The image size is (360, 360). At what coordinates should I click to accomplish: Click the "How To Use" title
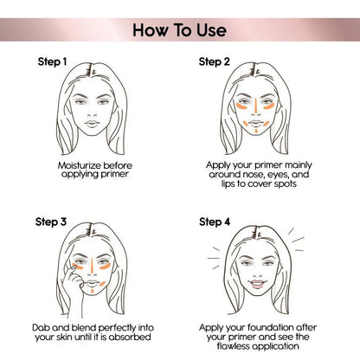click(180, 30)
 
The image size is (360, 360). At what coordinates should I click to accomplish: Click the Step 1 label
click(51, 62)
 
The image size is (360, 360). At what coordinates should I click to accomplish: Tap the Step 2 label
click(215, 62)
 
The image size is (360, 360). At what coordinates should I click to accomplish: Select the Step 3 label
click(51, 222)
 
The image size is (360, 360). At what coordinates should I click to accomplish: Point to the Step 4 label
click(215, 222)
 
